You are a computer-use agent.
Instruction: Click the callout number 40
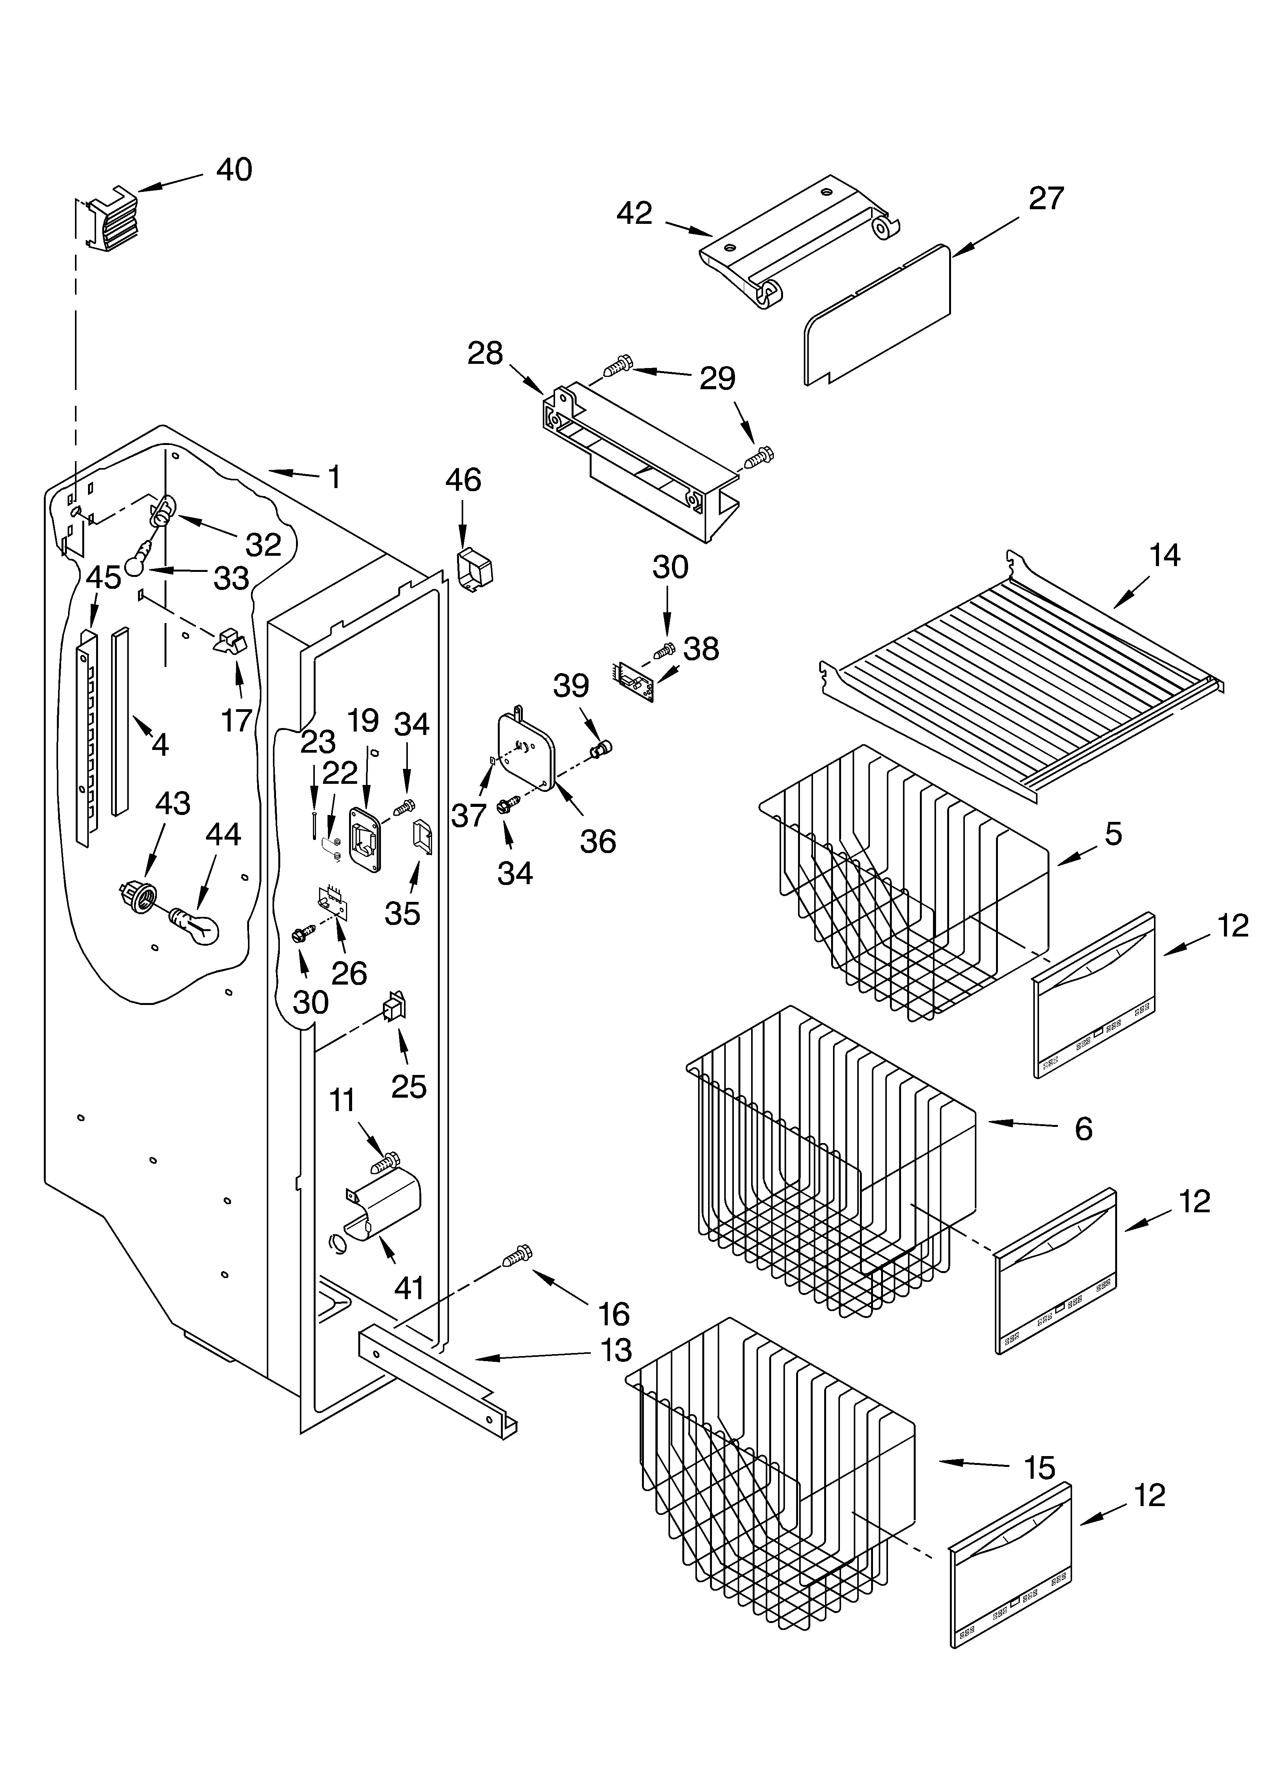(234, 170)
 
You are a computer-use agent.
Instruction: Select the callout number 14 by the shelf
(1164, 556)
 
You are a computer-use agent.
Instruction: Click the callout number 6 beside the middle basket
(1083, 1129)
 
